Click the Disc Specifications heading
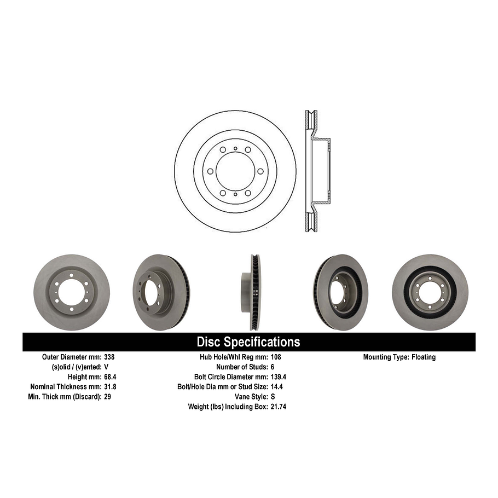point(248,342)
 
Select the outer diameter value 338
point(109,357)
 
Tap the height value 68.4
point(111,377)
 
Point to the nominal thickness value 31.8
point(111,386)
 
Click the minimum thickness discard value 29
point(107,396)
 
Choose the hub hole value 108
point(276,357)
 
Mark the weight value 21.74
point(279,406)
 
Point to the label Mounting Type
point(386,357)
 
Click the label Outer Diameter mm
point(71,357)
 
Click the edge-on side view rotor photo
point(251,292)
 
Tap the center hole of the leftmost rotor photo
point(71,292)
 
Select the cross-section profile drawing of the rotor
point(317,171)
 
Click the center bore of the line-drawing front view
point(235,171)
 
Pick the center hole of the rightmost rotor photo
point(430,292)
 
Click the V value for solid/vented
point(106,367)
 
